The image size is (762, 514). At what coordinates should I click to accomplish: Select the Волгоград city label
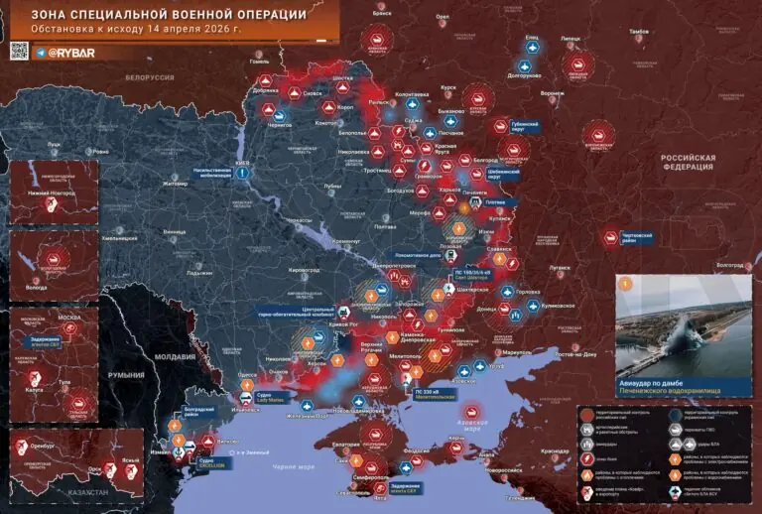click(730, 265)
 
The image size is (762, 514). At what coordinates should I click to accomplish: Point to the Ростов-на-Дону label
click(583, 354)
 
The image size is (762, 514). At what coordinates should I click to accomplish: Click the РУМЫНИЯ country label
click(127, 376)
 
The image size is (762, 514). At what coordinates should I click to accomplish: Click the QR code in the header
click(19, 52)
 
